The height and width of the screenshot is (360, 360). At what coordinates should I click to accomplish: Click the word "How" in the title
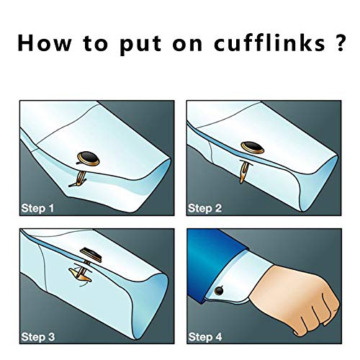45,43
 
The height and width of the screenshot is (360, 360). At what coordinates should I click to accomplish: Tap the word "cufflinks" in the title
269,42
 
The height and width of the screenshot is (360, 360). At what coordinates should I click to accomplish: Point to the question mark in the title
339,42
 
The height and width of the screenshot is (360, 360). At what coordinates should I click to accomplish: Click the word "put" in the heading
140,45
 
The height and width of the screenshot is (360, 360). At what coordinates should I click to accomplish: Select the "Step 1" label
37,208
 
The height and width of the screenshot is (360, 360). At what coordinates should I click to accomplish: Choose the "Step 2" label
204,208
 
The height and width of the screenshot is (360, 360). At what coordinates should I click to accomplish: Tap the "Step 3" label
38,337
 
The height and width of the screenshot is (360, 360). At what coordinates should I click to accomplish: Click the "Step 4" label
205,337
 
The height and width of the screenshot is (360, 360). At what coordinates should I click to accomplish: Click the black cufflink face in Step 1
89,158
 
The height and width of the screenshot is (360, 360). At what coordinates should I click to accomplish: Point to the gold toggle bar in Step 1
78,179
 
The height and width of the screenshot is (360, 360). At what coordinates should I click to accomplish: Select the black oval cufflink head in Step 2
253,147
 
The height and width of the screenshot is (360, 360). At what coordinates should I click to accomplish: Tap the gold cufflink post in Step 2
243,172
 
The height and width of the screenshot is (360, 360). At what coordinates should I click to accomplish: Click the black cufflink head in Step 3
91,255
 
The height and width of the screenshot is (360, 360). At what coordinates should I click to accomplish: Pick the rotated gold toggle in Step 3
80,274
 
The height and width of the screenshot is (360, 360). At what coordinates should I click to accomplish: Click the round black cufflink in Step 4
219,291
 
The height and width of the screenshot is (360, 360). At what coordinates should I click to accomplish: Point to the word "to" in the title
96,44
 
